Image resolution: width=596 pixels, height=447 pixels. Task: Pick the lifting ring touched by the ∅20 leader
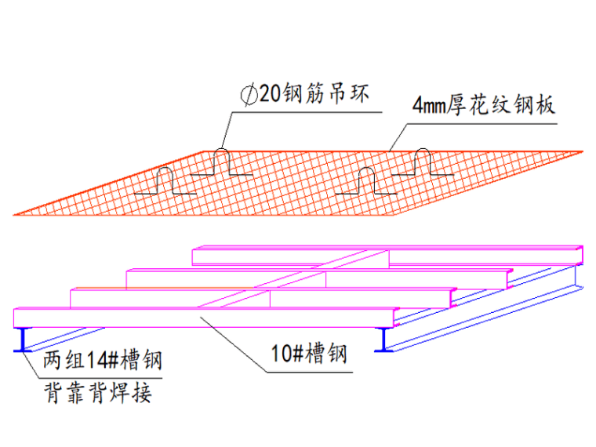click(x=223, y=161)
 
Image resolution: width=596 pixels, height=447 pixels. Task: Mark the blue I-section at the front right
click(x=386, y=339)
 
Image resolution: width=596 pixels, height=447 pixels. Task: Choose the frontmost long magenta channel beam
click(x=204, y=318)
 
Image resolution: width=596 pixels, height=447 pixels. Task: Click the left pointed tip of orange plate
click(x=16, y=213)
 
